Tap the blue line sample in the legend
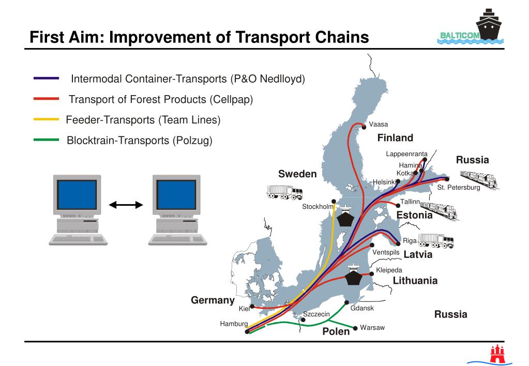tap(46, 79)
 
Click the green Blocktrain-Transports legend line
tap(46, 140)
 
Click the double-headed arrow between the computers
tap(126, 205)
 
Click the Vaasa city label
tap(379, 125)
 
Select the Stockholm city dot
tap(334, 202)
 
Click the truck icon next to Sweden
tap(284, 193)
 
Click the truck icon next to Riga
tap(435, 240)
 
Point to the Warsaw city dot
tap(355, 328)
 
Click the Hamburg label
tap(234, 324)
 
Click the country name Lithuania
tap(415, 281)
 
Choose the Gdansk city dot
tap(346, 302)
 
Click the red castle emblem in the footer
tap(497, 354)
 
